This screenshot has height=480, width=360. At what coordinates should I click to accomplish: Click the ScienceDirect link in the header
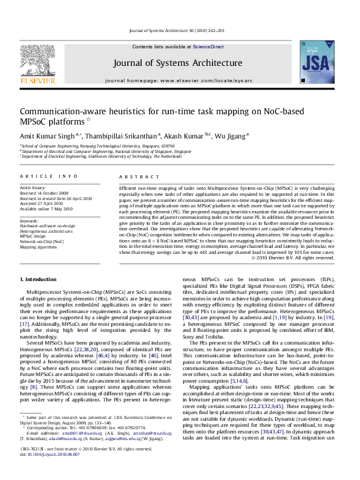[208, 47]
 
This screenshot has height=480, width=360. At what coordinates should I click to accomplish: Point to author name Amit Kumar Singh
[42, 136]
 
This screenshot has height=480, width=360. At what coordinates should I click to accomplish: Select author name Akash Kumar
[185, 136]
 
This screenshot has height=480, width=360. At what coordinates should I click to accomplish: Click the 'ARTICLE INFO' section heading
[49, 176]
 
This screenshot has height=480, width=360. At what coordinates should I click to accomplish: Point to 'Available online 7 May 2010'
[50, 209]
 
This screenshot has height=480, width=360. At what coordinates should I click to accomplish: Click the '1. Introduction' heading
[39, 279]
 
